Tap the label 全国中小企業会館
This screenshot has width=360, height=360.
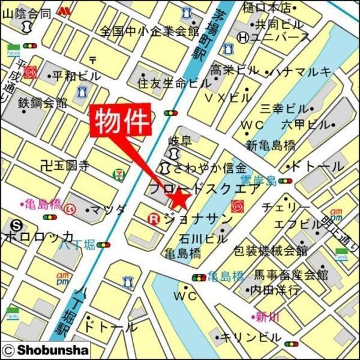click(150, 30)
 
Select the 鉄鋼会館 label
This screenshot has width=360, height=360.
click(43, 103)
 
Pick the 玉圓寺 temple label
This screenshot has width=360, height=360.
click(67, 163)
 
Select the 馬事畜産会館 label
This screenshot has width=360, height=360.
click(291, 275)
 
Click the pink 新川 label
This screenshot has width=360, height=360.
click(264, 316)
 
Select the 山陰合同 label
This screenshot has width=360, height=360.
click(26, 13)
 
